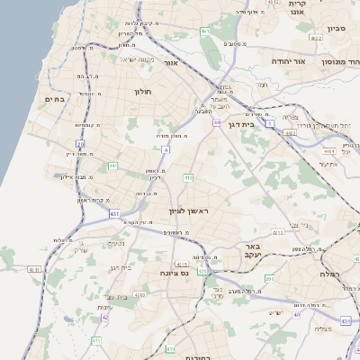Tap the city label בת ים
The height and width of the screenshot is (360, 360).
click(x=55, y=100)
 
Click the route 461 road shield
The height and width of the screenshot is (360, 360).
click(x=204, y=31)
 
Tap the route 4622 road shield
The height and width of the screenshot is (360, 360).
click(x=290, y=132)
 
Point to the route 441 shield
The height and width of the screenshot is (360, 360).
click(x=112, y=166)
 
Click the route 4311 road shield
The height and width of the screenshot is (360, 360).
click(x=34, y=268)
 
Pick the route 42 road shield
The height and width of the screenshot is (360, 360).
click(x=105, y=317)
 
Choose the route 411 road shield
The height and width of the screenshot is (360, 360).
click(x=95, y=341)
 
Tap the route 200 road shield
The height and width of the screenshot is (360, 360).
click(x=268, y=279)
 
